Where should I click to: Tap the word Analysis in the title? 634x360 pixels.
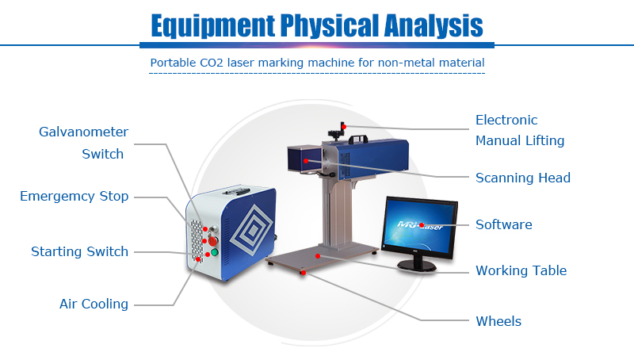(x=427, y=26)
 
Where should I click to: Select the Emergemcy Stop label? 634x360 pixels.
(x=74, y=196)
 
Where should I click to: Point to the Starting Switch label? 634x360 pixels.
(x=79, y=251)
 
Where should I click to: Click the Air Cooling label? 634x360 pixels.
(x=94, y=304)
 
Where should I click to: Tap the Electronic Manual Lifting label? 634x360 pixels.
(x=519, y=131)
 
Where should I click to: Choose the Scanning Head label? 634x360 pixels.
(x=522, y=178)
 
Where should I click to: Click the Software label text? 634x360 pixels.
(x=503, y=224)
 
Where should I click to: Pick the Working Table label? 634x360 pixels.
(x=521, y=270)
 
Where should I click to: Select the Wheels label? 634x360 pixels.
(x=498, y=321)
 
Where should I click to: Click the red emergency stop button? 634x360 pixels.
(x=212, y=239)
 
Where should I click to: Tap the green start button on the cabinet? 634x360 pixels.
(x=213, y=253)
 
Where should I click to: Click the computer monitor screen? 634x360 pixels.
(x=421, y=226)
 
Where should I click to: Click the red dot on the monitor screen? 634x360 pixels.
(x=422, y=225)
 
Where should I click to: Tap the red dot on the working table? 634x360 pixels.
(x=318, y=256)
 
